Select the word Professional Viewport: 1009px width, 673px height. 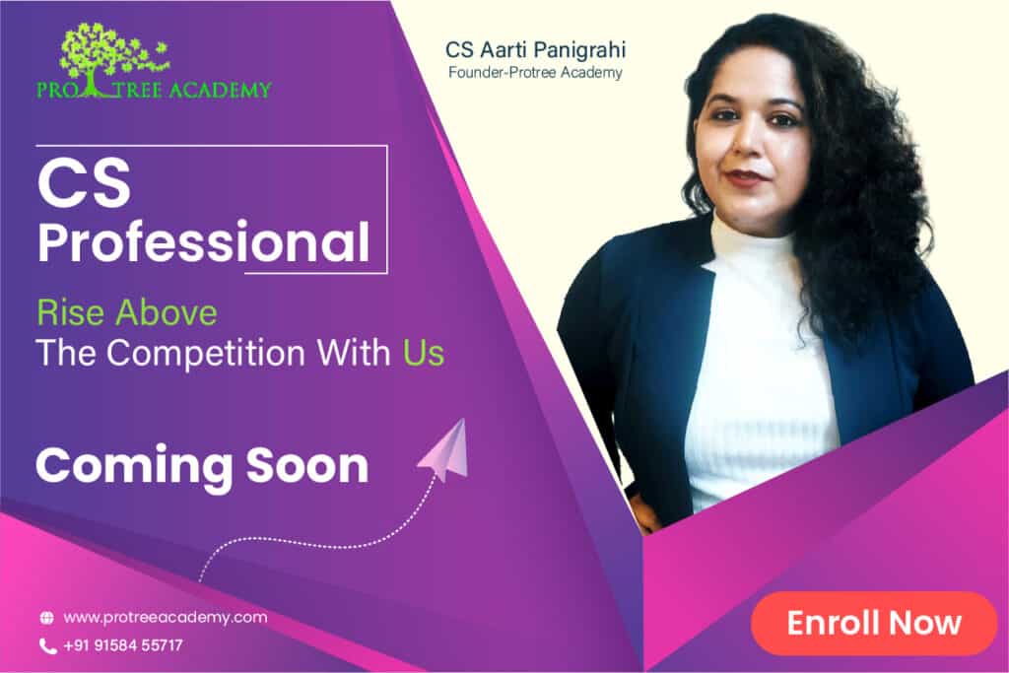point(204,242)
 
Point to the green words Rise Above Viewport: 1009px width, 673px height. point(127,313)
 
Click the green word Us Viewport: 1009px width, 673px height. point(424,353)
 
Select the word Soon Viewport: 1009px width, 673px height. point(307,466)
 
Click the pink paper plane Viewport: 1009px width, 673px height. point(445,450)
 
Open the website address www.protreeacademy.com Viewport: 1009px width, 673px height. point(166,618)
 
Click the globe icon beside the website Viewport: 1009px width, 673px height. point(47,618)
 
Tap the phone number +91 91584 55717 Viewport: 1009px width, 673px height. point(123,645)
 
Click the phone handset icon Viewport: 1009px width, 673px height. point(47,646)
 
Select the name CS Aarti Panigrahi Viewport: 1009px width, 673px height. point(535,49)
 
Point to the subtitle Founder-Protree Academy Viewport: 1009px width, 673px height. point(535,72)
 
